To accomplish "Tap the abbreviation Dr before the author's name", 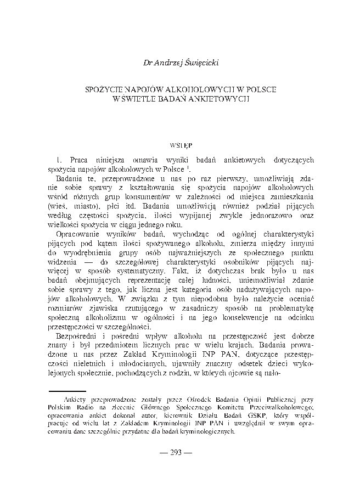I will tap(147, 63).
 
